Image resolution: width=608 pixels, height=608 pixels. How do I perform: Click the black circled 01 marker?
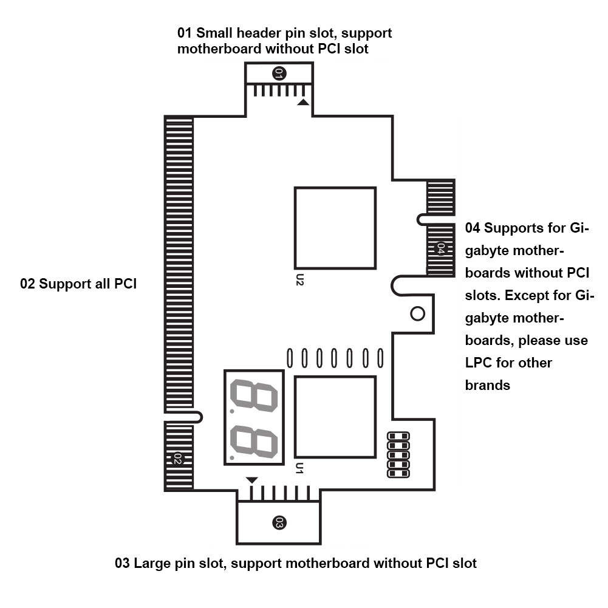(279, 73)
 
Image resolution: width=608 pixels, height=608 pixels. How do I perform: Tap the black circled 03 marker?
(279, 522)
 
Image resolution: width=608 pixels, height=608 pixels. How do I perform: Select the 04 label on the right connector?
(441, 248)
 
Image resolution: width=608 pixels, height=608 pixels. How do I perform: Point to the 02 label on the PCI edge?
(178, 459)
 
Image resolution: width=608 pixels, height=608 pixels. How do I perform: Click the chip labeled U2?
(335, 228)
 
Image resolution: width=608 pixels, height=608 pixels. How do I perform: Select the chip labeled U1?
(335, 417)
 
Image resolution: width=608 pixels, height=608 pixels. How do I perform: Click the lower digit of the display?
(253, 442)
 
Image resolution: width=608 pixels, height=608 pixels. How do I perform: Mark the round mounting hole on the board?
(417, 313)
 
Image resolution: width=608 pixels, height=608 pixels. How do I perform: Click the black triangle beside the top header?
(303, 103)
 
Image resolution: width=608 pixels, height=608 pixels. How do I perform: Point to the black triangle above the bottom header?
(252, 480)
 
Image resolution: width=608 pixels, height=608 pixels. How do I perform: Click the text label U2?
(299, 279)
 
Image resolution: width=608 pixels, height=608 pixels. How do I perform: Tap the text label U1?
(299, 468)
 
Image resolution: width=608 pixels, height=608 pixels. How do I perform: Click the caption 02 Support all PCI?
(78, 284)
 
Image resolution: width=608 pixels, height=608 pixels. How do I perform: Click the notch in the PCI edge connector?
(185, 417)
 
